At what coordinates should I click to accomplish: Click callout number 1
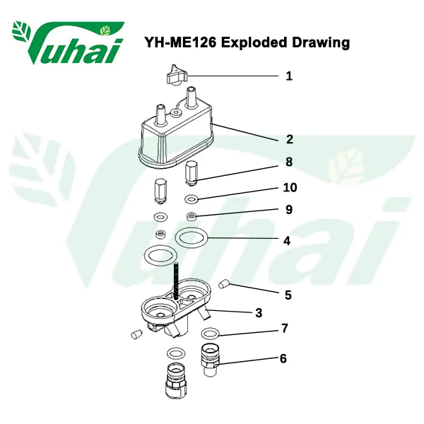(x=289, y=76)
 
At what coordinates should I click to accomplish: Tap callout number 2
(x=289, y=139)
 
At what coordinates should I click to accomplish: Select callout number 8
(x=289, y=162)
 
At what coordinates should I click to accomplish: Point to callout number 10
(x=290, y=187)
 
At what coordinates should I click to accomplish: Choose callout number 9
(x=289, y=210)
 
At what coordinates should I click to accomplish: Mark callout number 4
(x=287, y=241)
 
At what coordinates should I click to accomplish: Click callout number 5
(x=288, y=295)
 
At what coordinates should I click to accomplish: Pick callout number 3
(x=259, y=312)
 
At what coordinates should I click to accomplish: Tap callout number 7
(x=285, y=329)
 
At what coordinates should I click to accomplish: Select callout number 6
(x=283, y=358)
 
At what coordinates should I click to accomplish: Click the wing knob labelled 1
(x=177, y=75)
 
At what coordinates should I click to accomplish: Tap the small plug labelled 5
(x=224, y=285)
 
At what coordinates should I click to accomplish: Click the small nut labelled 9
(x=192, y=216)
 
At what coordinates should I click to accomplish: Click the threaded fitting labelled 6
(x=211, y=360)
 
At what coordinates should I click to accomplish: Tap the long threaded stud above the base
(x=176, y=281)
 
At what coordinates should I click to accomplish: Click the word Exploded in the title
(x=254, y=42)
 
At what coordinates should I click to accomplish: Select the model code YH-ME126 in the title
(x=180, y=42)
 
